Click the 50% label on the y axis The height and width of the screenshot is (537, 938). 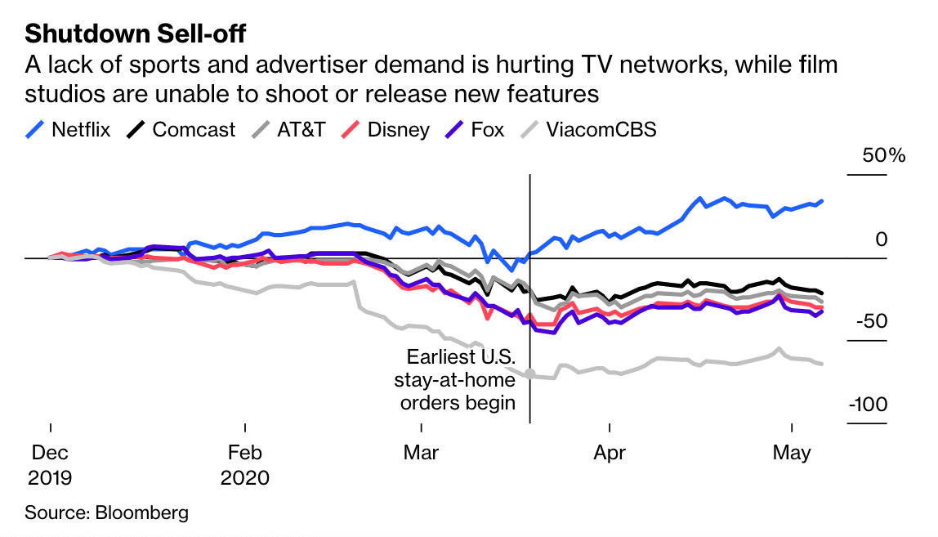tap(885, 155)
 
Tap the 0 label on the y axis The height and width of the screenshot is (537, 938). tap(881, 239)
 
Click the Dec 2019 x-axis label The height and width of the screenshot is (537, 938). tap(50, 464)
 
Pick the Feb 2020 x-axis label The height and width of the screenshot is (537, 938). tap(244, 464)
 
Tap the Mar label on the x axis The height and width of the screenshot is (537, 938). tap(421, 452)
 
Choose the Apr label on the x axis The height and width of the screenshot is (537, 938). tap(609, 452)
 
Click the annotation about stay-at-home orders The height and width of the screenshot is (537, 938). tap(461, 379)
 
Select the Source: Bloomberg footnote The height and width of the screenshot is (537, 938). tap(106, 513)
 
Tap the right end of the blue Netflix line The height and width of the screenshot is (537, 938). tap(821, 200)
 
